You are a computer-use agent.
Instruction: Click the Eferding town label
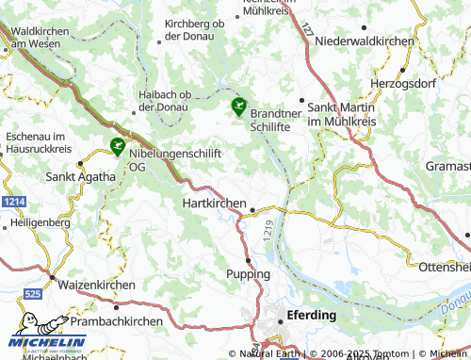[314, 318]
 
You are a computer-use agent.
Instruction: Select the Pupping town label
[249, 273]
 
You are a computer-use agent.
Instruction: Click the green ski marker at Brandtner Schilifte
[239, 106]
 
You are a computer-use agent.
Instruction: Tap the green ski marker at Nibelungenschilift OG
[117, 146]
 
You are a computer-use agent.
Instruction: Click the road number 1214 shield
[12, 202]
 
